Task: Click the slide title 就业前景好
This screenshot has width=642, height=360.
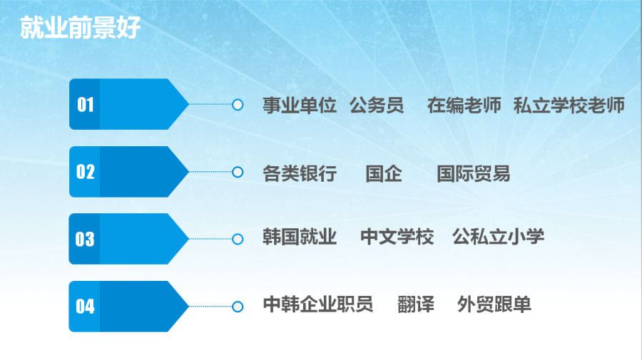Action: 80,28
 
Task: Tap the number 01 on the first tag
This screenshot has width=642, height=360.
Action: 85,105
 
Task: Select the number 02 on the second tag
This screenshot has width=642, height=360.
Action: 85,172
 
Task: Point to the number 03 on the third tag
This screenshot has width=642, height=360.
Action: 85,239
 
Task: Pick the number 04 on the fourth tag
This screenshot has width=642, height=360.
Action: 85,307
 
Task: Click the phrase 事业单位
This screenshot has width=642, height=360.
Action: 300,105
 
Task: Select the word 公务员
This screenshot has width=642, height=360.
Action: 377,105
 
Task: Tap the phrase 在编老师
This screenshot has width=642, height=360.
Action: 464,105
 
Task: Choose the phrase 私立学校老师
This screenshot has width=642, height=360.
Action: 569,105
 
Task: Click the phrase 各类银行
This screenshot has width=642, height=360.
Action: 300,173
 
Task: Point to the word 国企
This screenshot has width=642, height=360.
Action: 384,173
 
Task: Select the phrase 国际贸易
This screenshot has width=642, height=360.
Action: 474,173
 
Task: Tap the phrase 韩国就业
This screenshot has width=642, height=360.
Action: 300,237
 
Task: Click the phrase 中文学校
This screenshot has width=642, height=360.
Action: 397,237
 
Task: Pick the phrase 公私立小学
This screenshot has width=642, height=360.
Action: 499,237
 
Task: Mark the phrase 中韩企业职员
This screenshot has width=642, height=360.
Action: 317,304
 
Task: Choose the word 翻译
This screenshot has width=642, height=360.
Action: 416,304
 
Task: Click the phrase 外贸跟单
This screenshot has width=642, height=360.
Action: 494,304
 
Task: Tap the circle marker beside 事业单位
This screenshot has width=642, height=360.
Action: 238,105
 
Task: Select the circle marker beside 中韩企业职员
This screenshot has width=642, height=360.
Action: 238,307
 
